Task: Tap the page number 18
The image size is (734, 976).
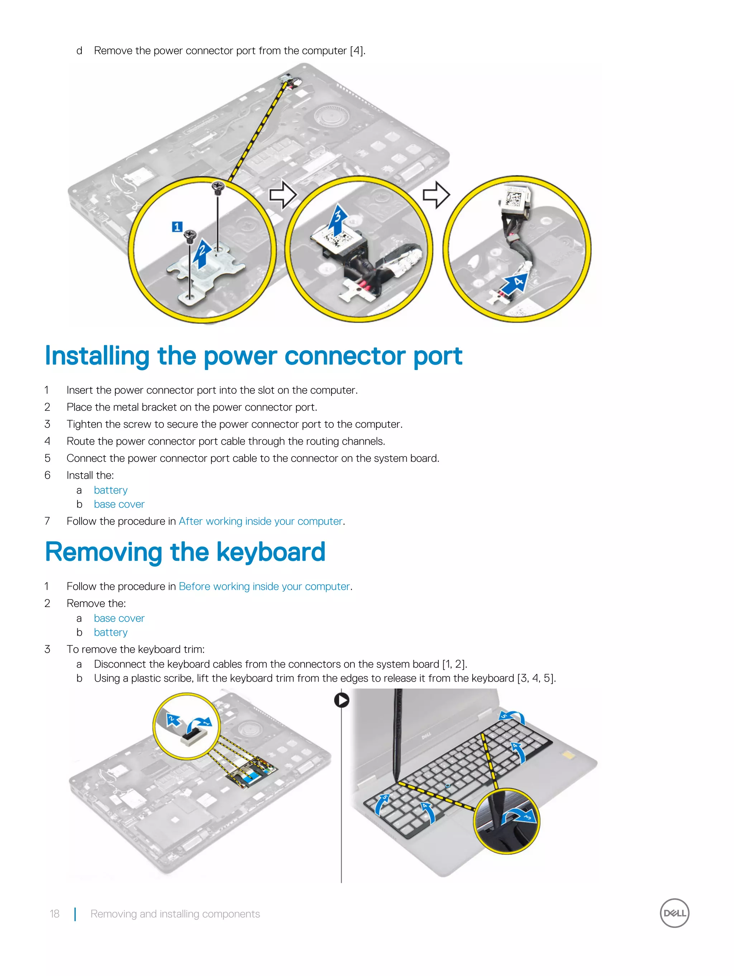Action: [x=54, y=914]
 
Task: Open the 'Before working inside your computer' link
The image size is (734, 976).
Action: [x=264, y=586]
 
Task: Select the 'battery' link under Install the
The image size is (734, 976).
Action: [x=110, y=490]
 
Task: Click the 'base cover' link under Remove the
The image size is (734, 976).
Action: [x=119, y=618]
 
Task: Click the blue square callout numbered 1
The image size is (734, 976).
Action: [x=177, y=227]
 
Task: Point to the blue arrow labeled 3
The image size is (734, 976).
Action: [x=338, y=219]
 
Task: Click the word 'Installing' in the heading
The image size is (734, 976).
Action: [x=97, y=356]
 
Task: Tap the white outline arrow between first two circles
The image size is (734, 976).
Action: [x=283, y=195]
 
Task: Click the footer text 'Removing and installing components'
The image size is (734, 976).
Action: [x=175, y=914]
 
